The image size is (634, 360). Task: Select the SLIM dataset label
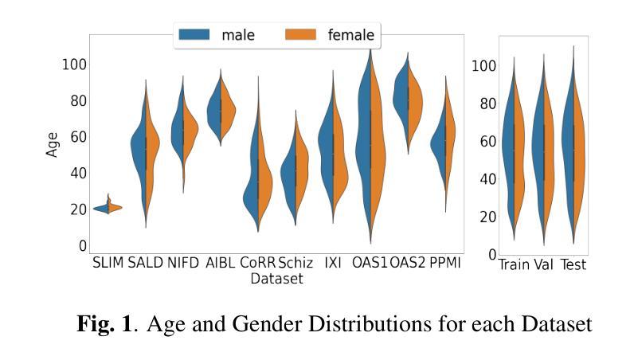pos(108,264)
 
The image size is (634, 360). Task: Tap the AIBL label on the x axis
pos(220,264)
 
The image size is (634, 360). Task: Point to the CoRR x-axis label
pos(257,264)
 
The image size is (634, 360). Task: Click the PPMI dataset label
pos(444,264)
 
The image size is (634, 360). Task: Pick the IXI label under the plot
pos(332,264)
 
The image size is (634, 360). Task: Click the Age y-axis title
pos(53,143)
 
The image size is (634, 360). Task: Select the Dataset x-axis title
pos(276,279)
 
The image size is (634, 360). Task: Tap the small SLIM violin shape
pos(108,207)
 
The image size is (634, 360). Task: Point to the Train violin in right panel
pos(514,151)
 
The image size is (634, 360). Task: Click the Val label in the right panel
pos(543,264)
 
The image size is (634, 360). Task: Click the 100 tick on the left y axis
pos(74,64)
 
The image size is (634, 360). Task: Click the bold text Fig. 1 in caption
pos(105,324)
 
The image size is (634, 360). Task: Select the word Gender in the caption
pos(318,324)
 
